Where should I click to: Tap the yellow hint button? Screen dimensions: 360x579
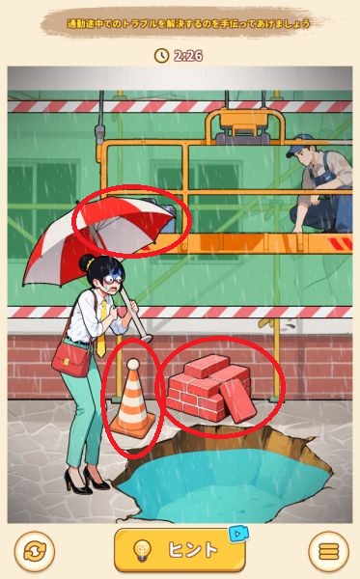coord(180,550)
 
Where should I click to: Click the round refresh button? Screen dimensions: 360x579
coord(35,552)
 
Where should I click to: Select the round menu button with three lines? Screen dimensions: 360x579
coord(328,552)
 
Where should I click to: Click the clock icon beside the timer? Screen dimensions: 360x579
coord(161,55)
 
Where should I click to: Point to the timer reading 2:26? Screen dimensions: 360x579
coord(188,56)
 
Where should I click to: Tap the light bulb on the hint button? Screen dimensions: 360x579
coord(142,550)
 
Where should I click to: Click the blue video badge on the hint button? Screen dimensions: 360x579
coord(238,534)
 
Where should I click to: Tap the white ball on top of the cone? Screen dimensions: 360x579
coord(132,365)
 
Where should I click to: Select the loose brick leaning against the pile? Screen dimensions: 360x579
coord(237,400)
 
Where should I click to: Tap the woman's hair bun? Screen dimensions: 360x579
coord(86,262)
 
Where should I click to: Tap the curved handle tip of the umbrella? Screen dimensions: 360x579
coord(146,338)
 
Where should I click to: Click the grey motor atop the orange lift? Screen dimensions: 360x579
coord(242,138)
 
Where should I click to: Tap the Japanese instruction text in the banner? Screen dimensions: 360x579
coord(188,24)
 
